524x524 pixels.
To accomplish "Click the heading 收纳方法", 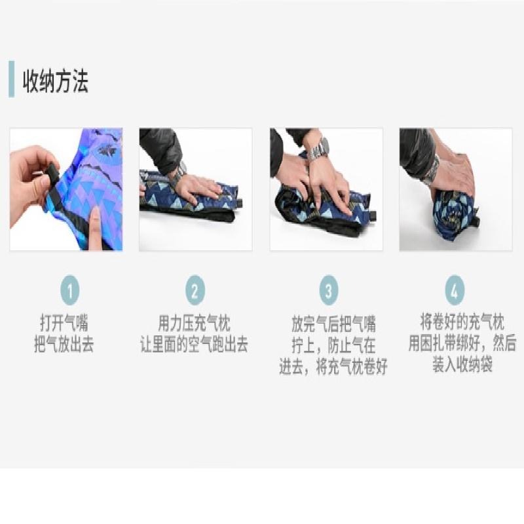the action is [56, 81].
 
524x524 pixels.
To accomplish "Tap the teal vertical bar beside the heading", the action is [12, 79].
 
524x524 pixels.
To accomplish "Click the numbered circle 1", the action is [70, 290].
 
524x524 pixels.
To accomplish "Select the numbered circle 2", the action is [195, 290].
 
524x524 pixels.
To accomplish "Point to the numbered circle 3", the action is [329, 290].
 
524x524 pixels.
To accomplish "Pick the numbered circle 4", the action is [455, 290].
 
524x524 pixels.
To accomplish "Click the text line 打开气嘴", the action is [64, 323].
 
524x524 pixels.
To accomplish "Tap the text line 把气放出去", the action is [64, 345].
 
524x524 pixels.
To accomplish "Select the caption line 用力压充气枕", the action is [194, 323].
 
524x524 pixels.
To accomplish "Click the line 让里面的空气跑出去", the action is [194, 345].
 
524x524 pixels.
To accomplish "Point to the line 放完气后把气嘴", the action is [333, 324].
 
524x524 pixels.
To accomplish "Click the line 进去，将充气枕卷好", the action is [333, 367].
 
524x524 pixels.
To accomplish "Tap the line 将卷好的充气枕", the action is [462, 322].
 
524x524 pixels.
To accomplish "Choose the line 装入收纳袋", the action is [462, 364].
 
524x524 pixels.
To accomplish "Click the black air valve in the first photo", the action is [52, 177].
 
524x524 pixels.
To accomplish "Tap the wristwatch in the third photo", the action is [319, 149].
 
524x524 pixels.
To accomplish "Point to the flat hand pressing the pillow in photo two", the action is [198, 189].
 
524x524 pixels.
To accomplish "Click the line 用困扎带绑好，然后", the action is [462, 343].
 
